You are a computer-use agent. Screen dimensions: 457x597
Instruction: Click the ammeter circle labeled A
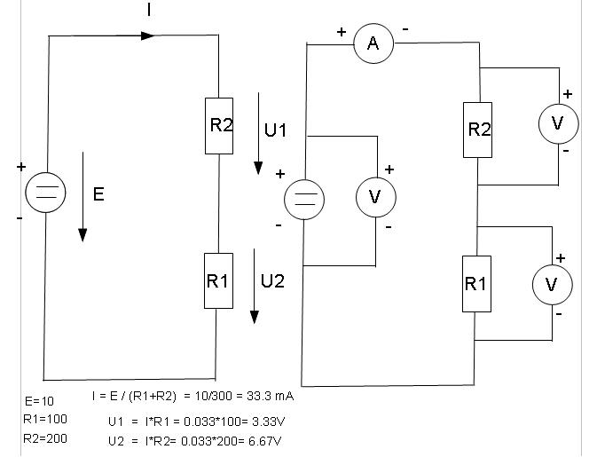coord(373,44)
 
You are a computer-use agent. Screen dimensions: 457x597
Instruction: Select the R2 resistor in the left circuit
coord(219,126)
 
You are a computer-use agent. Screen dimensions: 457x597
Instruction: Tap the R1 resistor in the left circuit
coord(218,280)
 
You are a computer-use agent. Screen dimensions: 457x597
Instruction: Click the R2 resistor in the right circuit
coord(478,130)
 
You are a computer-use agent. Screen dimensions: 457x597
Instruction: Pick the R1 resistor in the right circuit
coord(476,284)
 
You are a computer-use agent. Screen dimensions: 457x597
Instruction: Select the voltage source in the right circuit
coord(304,199)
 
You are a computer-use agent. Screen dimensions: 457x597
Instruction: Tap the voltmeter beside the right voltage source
coord(375,197)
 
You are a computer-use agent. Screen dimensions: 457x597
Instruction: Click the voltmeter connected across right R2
coord(558,123)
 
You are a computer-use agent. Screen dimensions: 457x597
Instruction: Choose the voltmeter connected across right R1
coord(552,284)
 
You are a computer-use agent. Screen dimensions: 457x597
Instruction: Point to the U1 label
coord(276,130)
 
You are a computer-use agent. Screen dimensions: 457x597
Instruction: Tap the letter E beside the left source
coord(98,195)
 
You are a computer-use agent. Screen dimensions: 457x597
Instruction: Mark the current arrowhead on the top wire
coord(148,35)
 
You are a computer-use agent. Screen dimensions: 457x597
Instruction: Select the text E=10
coord(41,401)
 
